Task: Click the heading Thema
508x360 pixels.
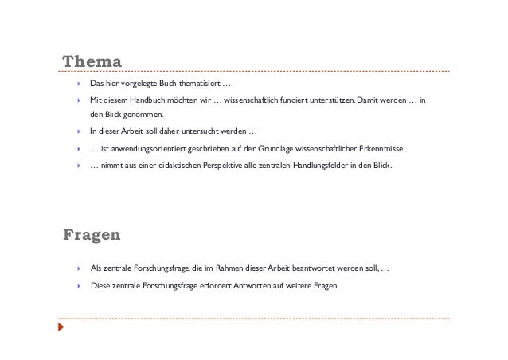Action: (x=92, y=61)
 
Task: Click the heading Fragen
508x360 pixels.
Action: (x=92, y=234)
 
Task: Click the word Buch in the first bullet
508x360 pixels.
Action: (x=158, y=84)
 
